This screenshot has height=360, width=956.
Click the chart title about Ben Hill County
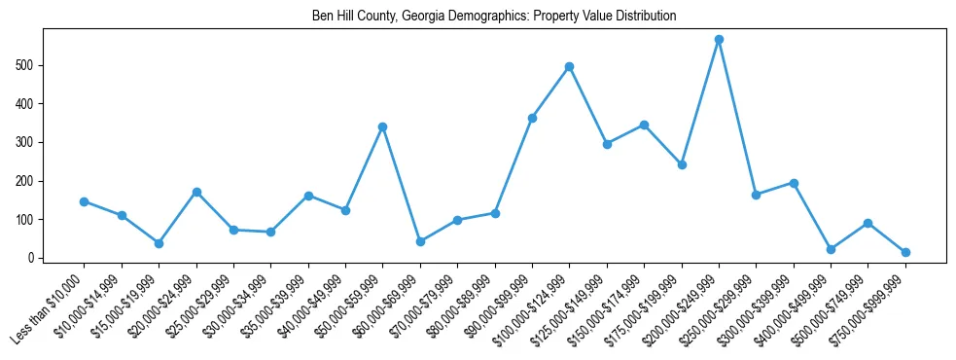[x=493, y=17]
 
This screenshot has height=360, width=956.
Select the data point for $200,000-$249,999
[x=719, y=40]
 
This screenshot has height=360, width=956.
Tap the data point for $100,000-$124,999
[x=569, y=67]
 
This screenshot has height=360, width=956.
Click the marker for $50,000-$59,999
[x=383, y=126]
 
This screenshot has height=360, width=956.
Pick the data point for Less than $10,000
[x=85, y=201]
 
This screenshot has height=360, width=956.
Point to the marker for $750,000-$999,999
[x=905, y=252]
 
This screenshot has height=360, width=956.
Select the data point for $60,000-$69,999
[x=420, y=241]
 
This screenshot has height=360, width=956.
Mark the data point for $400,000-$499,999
[x=831, y=249]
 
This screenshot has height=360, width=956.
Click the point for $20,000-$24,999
[x=196, y=192]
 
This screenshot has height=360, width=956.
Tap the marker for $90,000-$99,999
[x=532, y=118]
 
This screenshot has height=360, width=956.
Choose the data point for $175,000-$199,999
[x=682, y=164]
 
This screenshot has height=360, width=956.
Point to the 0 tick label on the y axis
[x=34, y=258]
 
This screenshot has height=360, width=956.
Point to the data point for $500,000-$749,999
[x=867, y=223]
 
